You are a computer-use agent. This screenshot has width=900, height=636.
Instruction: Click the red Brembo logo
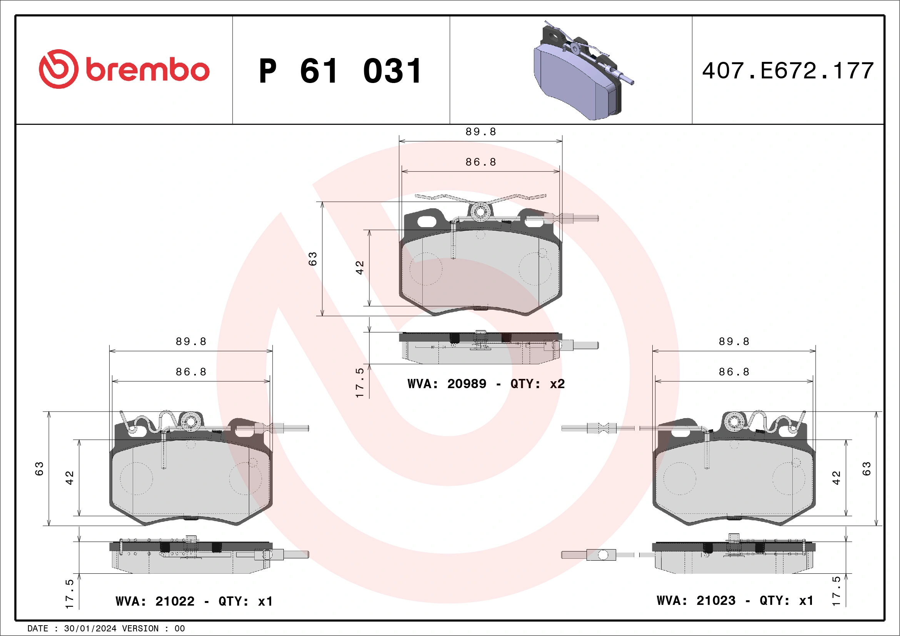[x=124, y=69]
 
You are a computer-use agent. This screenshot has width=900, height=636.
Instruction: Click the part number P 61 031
[x=340, y=71]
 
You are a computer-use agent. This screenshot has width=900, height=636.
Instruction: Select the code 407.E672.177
[x=788, y=71]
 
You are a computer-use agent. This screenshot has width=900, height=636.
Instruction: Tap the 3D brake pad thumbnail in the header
[x=580, y=73]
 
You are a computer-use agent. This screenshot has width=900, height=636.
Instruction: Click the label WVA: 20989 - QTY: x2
[x=486, y=384]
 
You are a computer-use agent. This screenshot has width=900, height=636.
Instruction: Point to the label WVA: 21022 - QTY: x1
[x=194, y=601]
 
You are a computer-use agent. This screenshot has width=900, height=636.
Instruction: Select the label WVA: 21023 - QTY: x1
[x=735, y=600]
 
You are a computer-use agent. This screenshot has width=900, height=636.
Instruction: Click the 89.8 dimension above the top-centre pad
[x=480, y=132]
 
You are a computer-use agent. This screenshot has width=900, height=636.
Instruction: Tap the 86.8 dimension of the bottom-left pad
[x=191, y=372]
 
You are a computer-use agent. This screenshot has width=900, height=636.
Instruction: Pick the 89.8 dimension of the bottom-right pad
[x=734, y=342]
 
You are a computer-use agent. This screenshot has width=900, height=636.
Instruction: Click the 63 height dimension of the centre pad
[x=312, y=259]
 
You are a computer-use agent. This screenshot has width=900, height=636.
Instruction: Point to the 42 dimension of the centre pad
[x=360, y=267]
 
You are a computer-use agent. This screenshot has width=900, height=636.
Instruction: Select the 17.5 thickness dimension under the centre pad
[x=360, y=383]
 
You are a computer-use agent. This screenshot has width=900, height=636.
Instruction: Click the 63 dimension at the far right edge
[x=866, y=469]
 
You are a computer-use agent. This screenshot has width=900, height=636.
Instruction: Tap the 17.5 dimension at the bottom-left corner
[x=69, y=594]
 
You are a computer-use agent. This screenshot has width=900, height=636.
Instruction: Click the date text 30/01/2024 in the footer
[x=90, y=629]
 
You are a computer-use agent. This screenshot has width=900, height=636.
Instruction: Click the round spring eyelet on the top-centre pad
[x=480, y=212]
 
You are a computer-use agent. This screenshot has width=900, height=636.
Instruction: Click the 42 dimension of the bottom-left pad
[x=69, y=478]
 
